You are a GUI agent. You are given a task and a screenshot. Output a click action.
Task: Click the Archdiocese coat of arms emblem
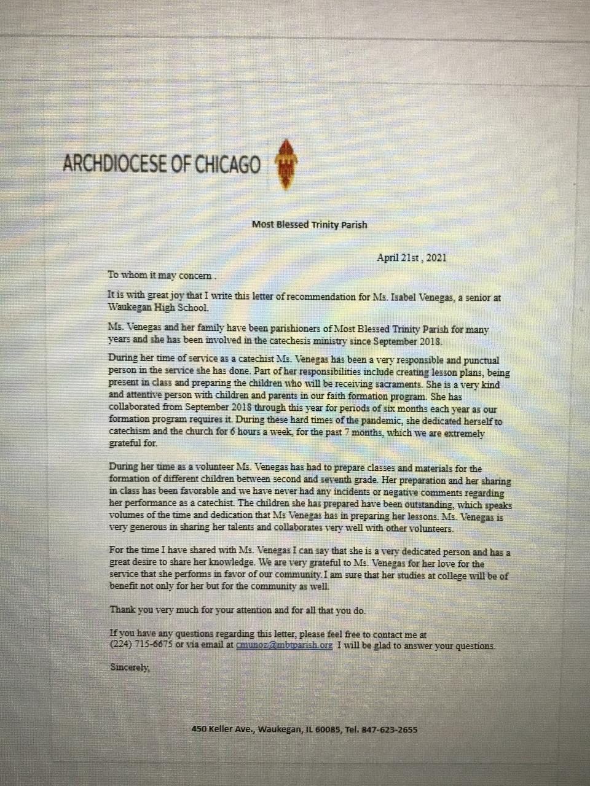[x=286, y=163]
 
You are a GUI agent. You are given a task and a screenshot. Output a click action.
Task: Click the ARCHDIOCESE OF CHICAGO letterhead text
[x=162, y=164]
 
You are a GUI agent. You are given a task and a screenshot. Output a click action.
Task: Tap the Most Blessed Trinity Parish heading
[x=309, y=224]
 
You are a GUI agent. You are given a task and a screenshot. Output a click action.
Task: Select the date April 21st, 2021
[x=411, y=258]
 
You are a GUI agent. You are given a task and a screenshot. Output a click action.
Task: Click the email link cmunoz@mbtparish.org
[x=284, y=645]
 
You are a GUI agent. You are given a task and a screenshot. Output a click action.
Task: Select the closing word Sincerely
[x=129, y=666]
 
